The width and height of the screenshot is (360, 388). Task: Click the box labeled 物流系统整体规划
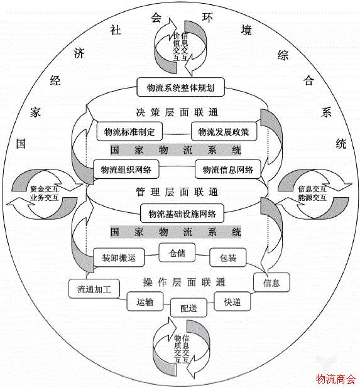tap(180, 87)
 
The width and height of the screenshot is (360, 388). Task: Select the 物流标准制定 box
tap(129, 132)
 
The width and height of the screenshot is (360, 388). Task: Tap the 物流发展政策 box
tap(223, 132)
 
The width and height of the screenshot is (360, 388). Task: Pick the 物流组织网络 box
tap(126, 170)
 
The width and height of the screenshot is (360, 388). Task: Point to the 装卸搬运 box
tap(119, 257)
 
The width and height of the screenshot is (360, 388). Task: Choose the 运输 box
tap(145, 301)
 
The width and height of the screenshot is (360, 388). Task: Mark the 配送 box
tap(188, 309)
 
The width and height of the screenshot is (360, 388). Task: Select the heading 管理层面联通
tap(177, 191)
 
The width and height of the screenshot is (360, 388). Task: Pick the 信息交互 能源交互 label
tap(312, 192)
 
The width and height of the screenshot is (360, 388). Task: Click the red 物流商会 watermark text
tap(335, 379)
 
